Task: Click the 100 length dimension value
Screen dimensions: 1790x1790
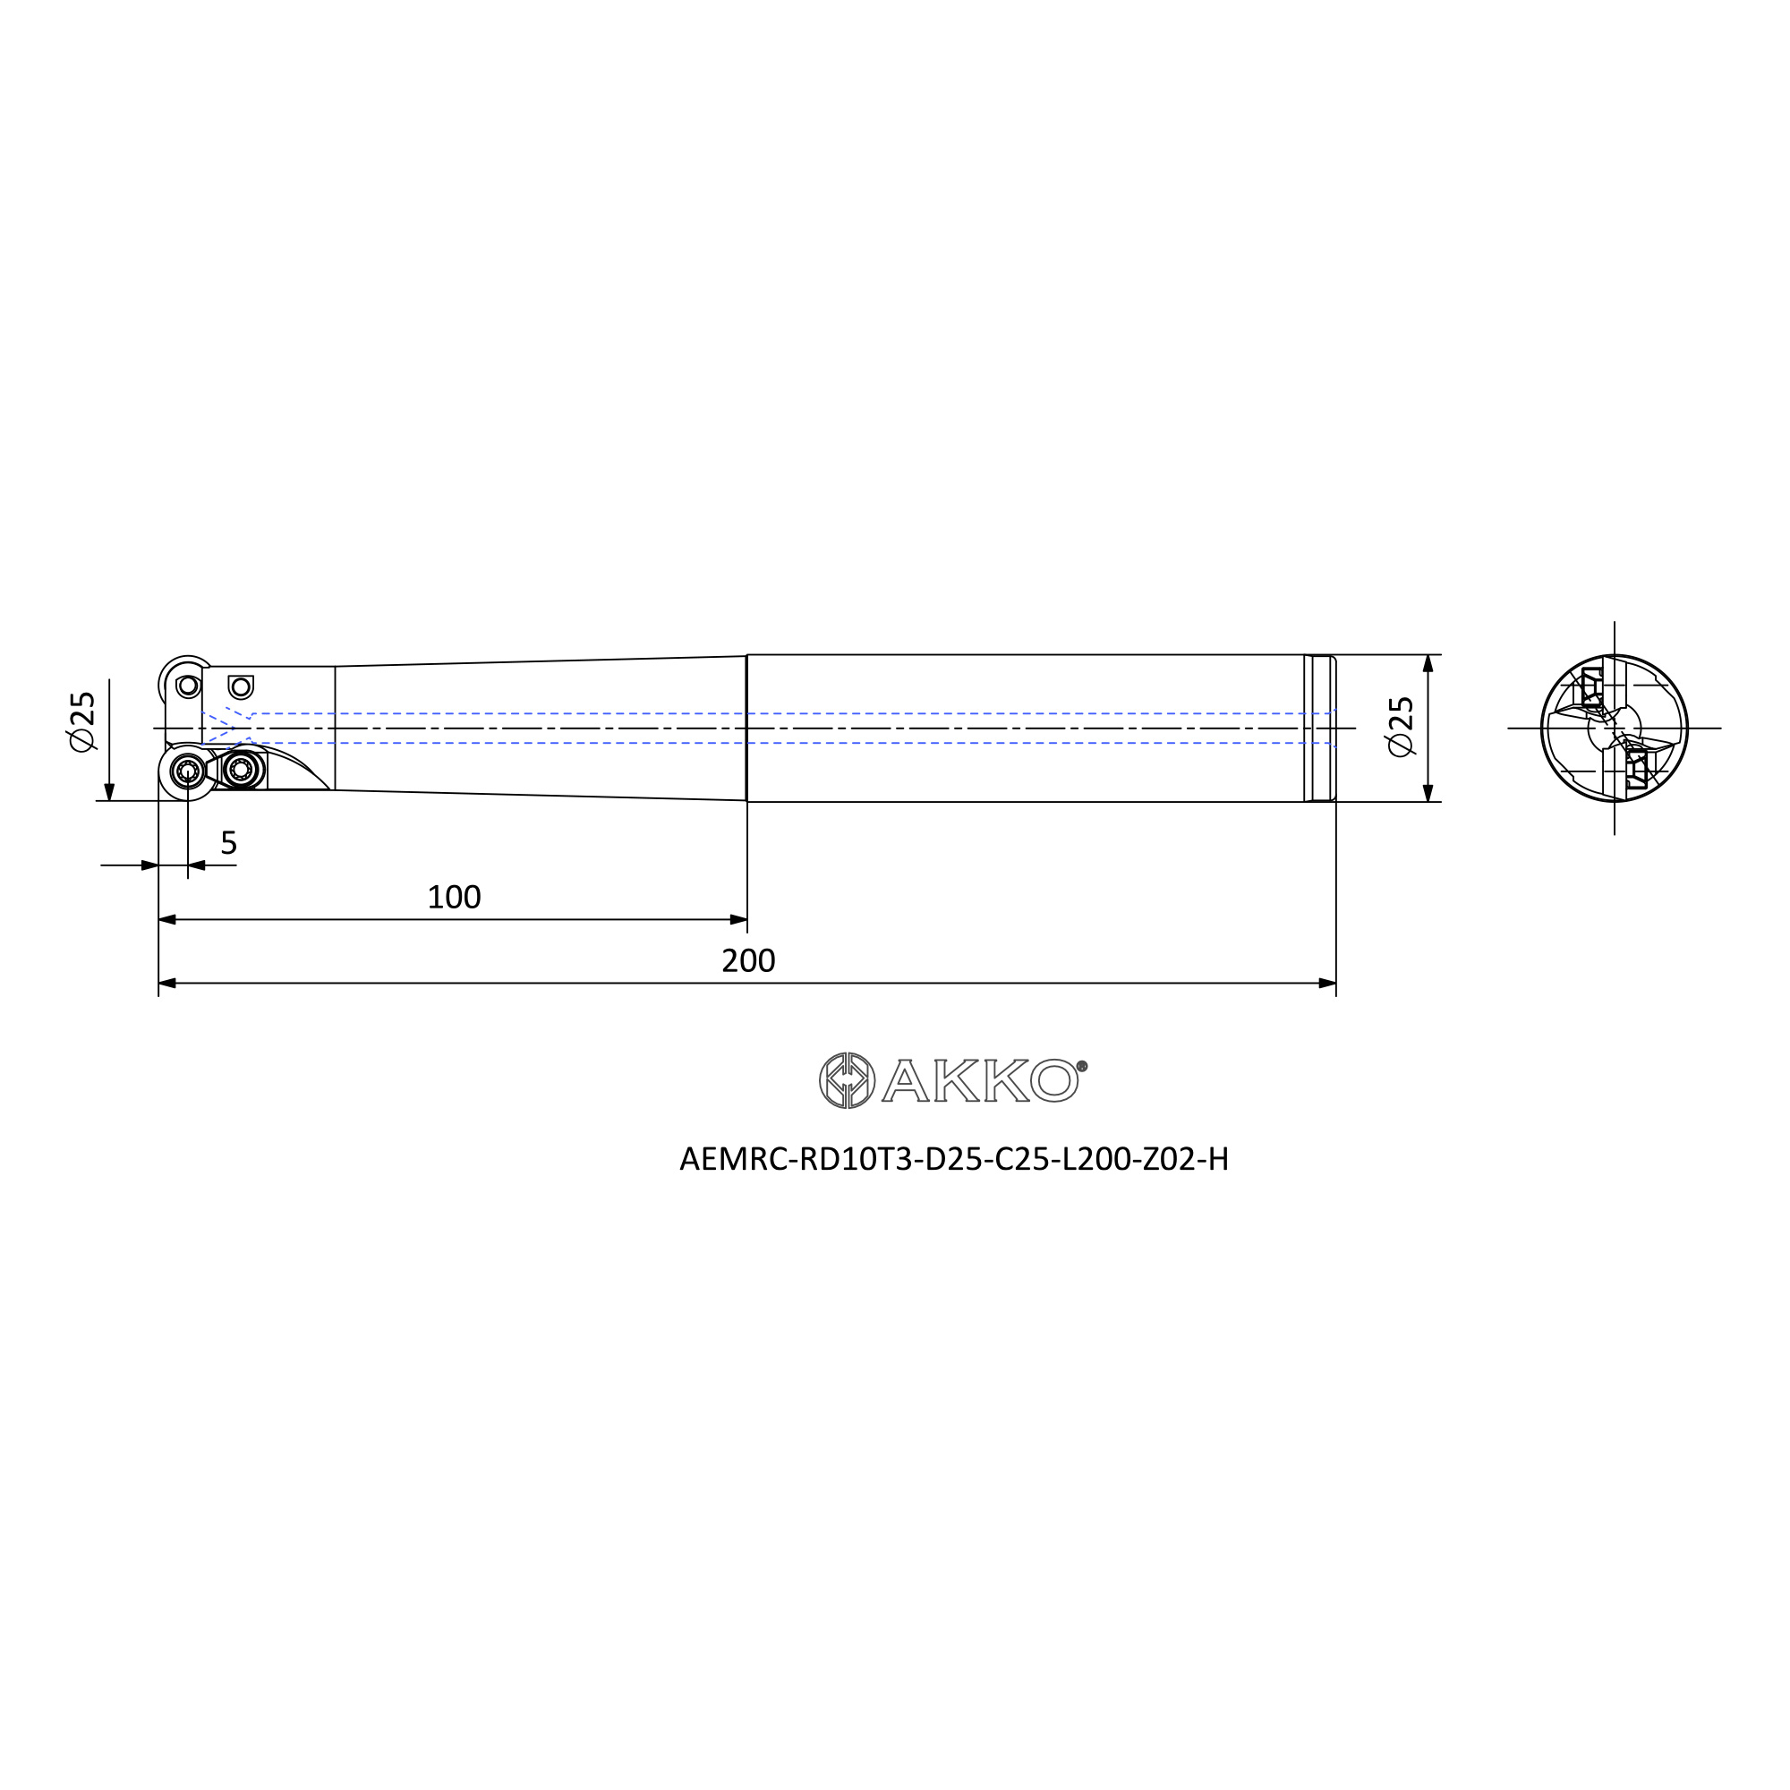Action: coord(454,897)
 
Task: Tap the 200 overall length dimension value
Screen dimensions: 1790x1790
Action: coord(747,960)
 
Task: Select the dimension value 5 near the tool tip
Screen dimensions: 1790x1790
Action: coord(229,843)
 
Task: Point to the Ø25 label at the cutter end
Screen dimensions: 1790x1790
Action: coord(82,721)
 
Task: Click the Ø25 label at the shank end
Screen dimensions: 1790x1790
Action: coord(1402,728)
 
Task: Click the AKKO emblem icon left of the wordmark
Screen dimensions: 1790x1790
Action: coord(847,1080)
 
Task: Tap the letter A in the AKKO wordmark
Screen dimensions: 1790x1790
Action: coord(905,1080)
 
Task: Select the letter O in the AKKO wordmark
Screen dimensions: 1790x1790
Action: coord(1054,1080)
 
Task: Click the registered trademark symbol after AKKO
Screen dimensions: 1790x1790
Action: coord(1082,1067)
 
